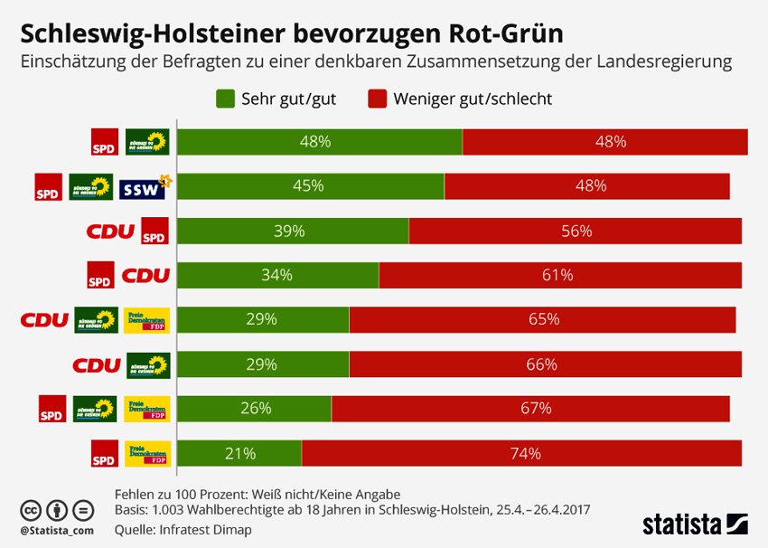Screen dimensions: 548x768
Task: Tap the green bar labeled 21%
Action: click(239, 453)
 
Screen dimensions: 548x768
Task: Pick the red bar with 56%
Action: click(575, 231)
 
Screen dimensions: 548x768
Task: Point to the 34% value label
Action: click(277, 275)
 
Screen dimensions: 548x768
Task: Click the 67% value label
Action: click(536, 408)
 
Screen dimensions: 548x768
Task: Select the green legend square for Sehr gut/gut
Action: click(225, 99)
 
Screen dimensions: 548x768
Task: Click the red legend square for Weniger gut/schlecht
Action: click(377, 99)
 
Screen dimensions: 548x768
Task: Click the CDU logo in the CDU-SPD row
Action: click(110, 231)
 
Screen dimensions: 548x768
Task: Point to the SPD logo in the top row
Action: click(105, 142)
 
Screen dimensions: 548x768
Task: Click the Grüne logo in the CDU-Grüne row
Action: click(147, 364)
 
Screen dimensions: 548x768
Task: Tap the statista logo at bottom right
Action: click(695, 523)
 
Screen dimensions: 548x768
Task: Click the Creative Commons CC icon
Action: click(30, 509)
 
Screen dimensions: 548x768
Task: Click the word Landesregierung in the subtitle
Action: click(664, 62)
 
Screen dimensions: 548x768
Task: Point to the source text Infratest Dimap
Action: click(207, 529)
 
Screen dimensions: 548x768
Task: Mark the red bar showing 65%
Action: click(542, 319)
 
